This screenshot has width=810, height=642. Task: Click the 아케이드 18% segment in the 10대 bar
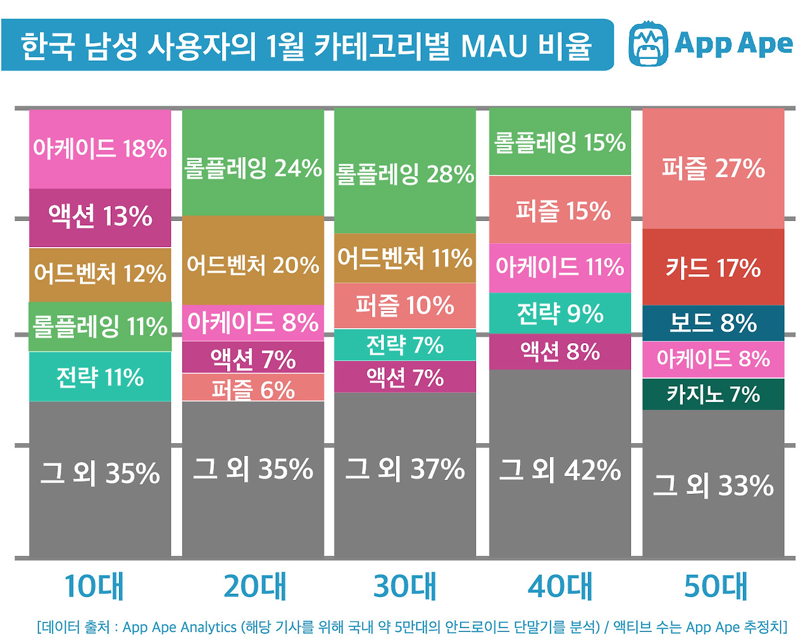(100, 149)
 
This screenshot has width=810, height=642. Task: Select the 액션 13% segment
(100, 217)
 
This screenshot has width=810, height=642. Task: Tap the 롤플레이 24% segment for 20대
(253, 168)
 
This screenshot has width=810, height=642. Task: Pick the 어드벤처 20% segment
(253, 265)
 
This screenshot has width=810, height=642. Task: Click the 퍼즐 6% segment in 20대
(253, 388)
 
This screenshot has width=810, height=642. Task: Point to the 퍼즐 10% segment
(405, 306)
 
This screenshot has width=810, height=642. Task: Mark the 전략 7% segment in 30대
(405, 345)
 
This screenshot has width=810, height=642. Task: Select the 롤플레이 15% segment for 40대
(560, 143)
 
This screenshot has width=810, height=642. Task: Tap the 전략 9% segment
(560, 313)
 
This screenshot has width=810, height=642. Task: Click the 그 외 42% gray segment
(560, 470)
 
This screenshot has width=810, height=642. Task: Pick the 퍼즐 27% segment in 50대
(713, 168)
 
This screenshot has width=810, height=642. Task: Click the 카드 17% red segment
(713, 268)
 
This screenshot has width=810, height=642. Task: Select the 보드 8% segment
(713, 324)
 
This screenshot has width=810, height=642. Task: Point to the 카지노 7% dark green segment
(713, 394)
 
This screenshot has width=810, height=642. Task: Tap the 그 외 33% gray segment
(713, 486)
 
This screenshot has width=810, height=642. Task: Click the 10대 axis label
(94, 586)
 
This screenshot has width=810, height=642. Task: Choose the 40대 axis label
(560, 586)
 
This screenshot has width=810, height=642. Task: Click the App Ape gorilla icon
(648, 44)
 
